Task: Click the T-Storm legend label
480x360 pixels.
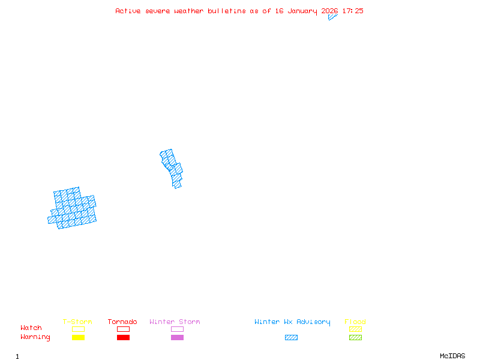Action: click(x=77, y=322)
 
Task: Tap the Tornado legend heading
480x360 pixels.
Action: click(x=122, y=322)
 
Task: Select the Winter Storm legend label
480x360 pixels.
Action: click(x=175, y=322)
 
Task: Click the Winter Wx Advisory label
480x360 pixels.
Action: click(x=292, y=322)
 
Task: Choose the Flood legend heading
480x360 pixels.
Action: click(x=355, y=322)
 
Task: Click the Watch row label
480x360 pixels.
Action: click(x=31, y=328)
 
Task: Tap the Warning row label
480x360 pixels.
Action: click(x=35, y=337)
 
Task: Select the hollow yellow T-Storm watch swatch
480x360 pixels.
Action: click(x=78, y=329)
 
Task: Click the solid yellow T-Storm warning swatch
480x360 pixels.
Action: click(x=78, y=338)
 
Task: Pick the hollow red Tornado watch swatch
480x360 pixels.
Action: click(x=123, y=329)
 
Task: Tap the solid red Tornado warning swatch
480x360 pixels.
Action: click(x=123, y=338)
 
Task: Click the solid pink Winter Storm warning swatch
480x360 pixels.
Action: click(x=177, y=338)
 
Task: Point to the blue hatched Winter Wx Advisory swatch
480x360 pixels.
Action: click(x=291, y=338)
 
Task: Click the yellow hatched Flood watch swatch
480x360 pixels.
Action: click(x=355, y=329)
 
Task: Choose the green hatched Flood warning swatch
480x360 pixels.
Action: click(x=355, y=338)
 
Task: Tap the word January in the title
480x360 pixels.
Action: click(x=301, y=11)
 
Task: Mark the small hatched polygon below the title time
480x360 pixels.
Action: click(x=332, y=17)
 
